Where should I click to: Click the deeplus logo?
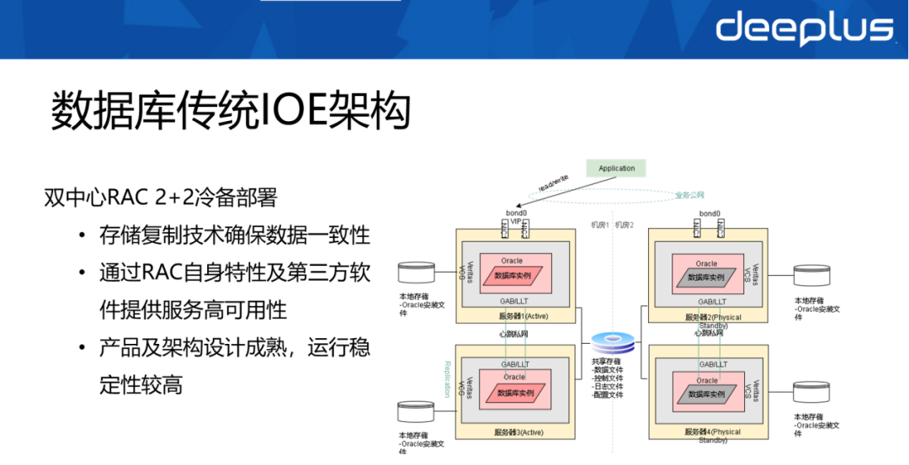pyautogui.click(x=804, y=28)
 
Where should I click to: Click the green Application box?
pyautogui.click(x=616, y=168)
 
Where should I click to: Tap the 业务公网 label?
pyautogui.click(x=688, y=195)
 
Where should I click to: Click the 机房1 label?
pyautogui.click(x=598, y=225)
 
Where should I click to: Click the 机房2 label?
pyautogui.click(x=625, y=225)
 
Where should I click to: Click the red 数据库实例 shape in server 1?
pyautogui.click(x=514, y=276)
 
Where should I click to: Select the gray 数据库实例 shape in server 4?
pyautogui.click(x=706, y=393)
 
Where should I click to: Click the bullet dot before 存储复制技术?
pyautogui.click(x=81, y=235)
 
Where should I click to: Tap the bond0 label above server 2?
pyautogui.click(x=710, y=214)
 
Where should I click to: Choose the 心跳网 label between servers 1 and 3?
pyautogui.click(x=514, y=334)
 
